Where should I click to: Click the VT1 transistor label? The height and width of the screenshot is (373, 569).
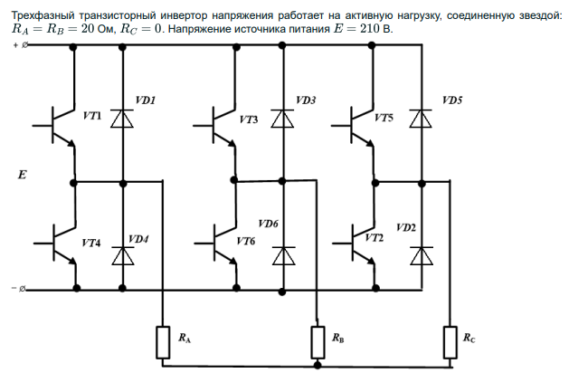coord(91,118)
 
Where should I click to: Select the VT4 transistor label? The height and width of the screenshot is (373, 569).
coord(91,243)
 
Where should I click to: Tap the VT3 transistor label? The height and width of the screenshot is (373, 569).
coord(248,119)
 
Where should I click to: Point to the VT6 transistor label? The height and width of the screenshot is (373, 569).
coord(245,243)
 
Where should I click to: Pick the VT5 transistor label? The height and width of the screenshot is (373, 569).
coord(384,118)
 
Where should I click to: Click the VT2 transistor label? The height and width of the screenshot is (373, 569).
coord(375,237)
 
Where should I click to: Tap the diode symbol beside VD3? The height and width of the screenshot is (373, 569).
coord(282,118)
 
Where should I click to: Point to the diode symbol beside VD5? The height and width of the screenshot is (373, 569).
coord(420,118)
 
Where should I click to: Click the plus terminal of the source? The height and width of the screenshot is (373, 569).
coord(24,43)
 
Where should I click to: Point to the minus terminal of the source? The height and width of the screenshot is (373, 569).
coord(24,289)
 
